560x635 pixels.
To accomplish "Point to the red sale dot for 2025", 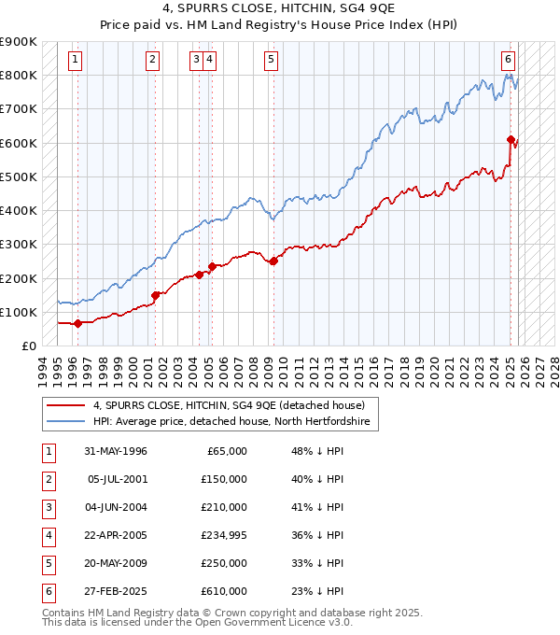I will (511, 140).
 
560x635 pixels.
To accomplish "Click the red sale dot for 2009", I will (273, 261).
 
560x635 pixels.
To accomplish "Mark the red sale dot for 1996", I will (77, 324).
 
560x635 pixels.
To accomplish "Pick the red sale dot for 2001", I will (155, 295).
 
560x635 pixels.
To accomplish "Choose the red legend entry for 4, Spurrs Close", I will (234, 405).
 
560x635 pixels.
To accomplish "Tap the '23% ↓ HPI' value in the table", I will (317, 591).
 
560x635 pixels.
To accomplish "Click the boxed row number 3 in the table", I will (48, 507).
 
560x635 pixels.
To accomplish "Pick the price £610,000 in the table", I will (225, 591).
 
